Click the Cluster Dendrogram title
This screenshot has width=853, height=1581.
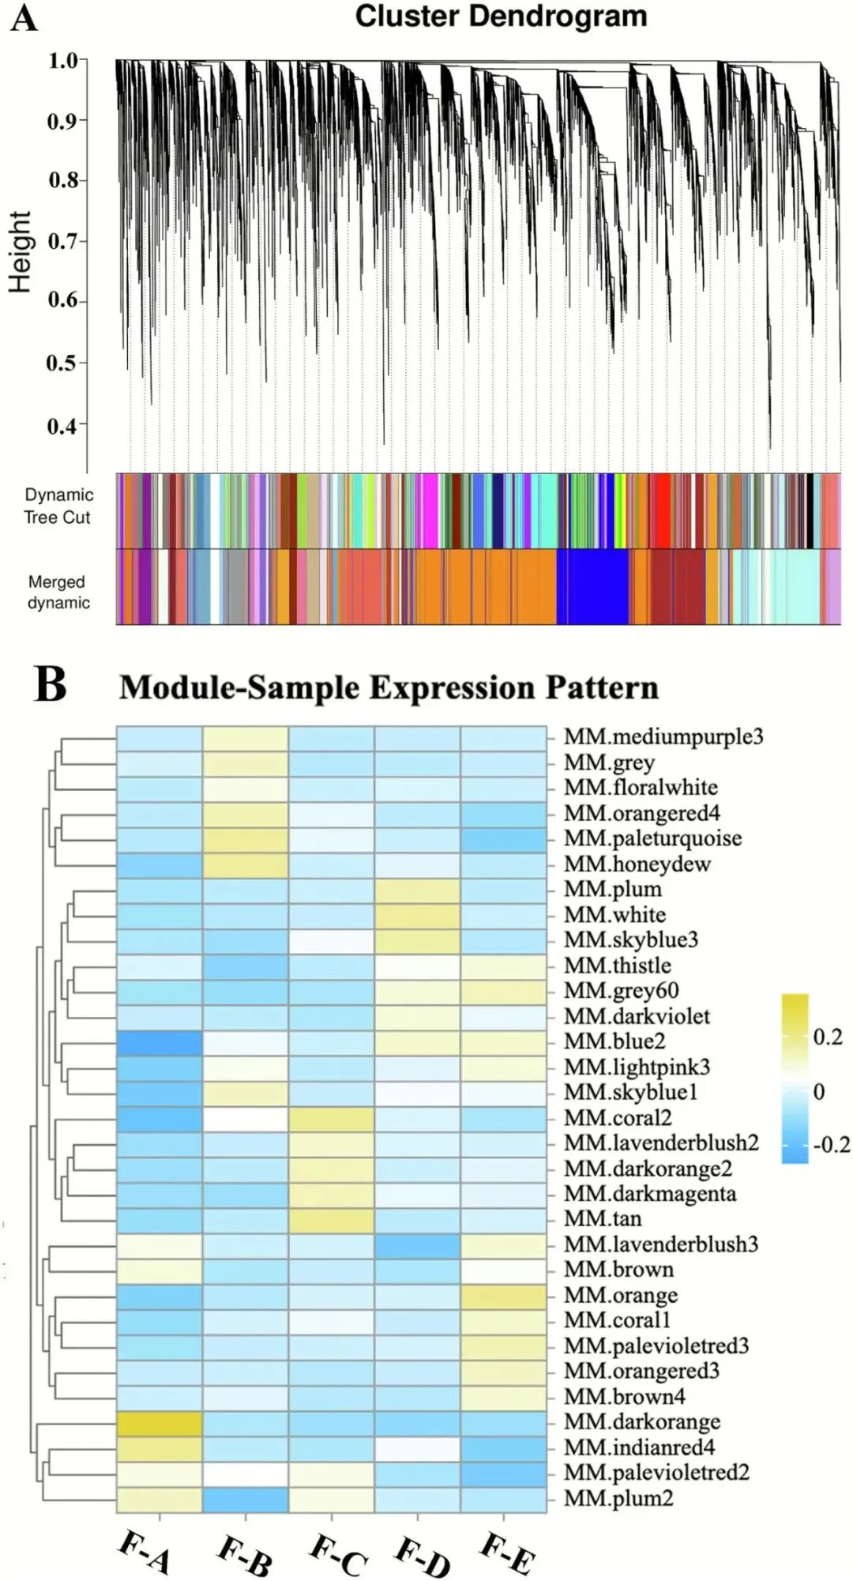[501, 17]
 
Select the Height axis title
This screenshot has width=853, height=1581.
[20, 252]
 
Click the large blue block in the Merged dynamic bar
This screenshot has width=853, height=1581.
[592, 587]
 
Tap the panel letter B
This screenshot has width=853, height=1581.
[51, 685]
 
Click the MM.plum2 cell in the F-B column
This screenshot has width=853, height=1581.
[246, 1500]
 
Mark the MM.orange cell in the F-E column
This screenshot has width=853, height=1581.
[503, 1297]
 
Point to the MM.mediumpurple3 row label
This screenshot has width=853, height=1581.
[663, 737]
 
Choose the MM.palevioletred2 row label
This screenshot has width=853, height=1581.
[656, 1473]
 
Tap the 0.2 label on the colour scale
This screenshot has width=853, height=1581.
[828, 1037]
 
